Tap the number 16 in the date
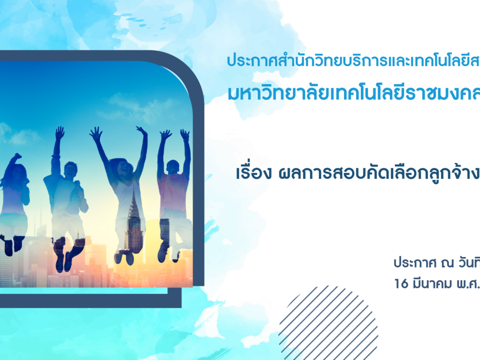(x=401, y=283)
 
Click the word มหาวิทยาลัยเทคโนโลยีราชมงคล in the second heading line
(x=353, y=93)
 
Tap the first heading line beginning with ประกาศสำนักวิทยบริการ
(x=353, y=60)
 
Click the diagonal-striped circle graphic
(x=328, y=323)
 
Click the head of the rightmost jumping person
(x=173, y=168)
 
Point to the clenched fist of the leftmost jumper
(x=17, y=156)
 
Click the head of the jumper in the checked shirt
(x=70, y=170)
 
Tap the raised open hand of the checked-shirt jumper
(x=59, y=132)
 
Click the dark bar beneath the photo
(x=90, y=301)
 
